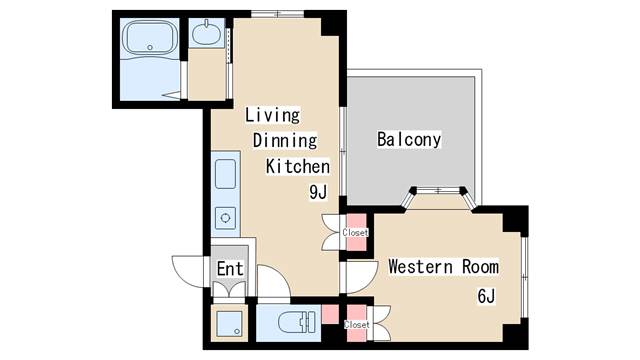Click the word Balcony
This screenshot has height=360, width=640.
[409, 140]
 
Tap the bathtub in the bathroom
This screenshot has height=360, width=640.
[150, 38]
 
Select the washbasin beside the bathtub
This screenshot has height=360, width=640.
[207, 33]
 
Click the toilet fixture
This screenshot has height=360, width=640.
[297, 322]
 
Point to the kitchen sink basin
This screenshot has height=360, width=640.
[225, 173]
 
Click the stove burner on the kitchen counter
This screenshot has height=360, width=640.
[225, 218]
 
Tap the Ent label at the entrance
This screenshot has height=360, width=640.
[230, 269]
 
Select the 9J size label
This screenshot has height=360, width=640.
[318, 192]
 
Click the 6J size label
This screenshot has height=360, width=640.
[486, 296]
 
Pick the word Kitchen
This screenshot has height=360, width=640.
[298, 166]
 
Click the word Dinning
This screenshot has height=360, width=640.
[285, 140]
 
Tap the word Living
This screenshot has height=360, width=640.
[273, 115]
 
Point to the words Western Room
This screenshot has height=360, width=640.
[443, 267]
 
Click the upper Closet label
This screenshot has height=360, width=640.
[355, 232]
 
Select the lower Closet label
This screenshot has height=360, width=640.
[356, 324]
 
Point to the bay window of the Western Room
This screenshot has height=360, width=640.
[438, 195]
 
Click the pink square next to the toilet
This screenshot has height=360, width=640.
[330, 314]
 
